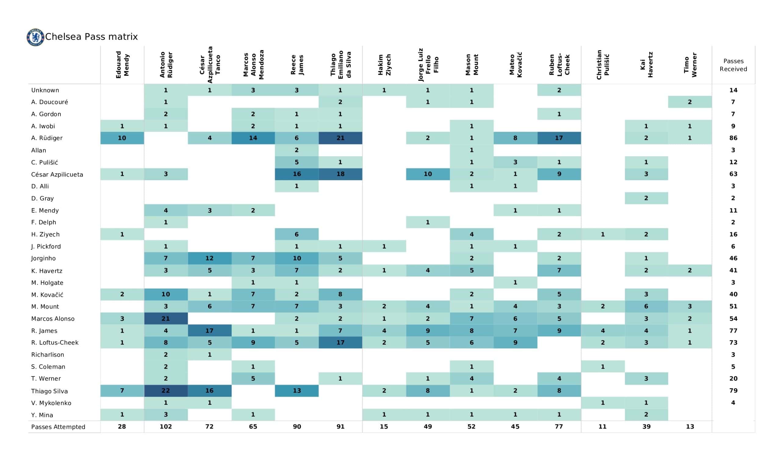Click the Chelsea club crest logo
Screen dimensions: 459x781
pos(35,37)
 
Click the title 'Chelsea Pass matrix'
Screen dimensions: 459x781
pos(92,37)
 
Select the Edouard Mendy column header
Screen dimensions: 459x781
pos(122,65)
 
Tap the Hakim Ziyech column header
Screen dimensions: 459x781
pos(384,65)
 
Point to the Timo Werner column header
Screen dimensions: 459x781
pos(690,65)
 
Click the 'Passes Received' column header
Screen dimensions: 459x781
pos(733,65)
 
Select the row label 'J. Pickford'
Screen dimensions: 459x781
pos(46,247)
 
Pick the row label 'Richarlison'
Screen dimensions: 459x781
pos(47,355)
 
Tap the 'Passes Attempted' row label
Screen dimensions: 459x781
pos(58,427)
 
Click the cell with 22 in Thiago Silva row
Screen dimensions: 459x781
pos(166,391)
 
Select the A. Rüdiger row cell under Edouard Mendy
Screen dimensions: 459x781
pos(122,138)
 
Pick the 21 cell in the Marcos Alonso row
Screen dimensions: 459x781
pos(166,319)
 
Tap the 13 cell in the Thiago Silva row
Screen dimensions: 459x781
pos(297,391)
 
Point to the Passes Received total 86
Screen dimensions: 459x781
pos(733,138)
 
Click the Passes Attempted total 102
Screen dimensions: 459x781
pos(166,427)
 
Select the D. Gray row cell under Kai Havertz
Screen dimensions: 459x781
pos(646,198)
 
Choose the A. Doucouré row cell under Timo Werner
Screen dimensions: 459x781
pos(690,102)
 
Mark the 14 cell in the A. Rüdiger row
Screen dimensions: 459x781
pos(253,138)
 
